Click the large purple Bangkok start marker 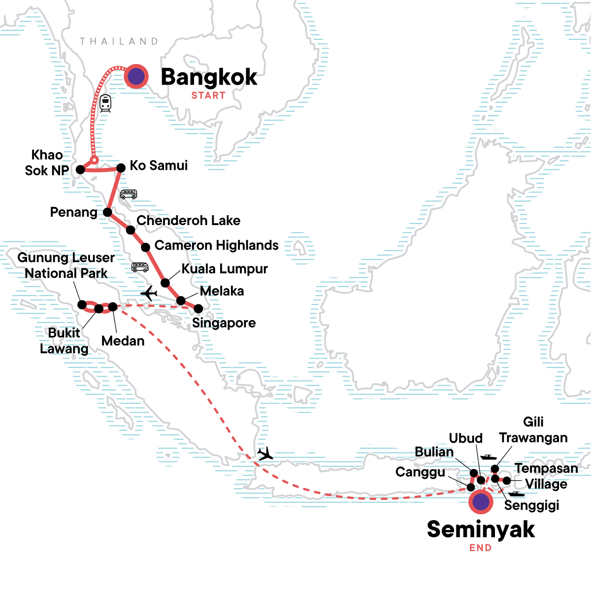click(x=136, y=76)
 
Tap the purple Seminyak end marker click(x=481, y=502)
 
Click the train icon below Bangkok click(x=105, y=103)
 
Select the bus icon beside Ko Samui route click(x=129, y=195)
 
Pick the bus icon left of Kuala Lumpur click(x=140, y=267)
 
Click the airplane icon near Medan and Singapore click(x=148, y=294)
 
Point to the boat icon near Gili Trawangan click(x=488, y=457)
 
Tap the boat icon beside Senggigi click(x=517, y=493)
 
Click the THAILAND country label click(x=119, y=41)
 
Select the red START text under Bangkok click(x=208, y=96)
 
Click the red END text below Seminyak click(x=480, y=548)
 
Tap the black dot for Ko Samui click(x=121, y=168)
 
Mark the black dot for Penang click(x=107, y=213)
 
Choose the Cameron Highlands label click(x=217, y=245)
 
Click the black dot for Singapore click(x=198, y=309)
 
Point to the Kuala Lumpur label click(x=225, y=269)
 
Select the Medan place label click(x=123, y=341)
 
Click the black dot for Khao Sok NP click(x=80, y=170)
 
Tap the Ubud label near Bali click(x=466, y=438)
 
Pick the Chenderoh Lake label click(x=189, y=221)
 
